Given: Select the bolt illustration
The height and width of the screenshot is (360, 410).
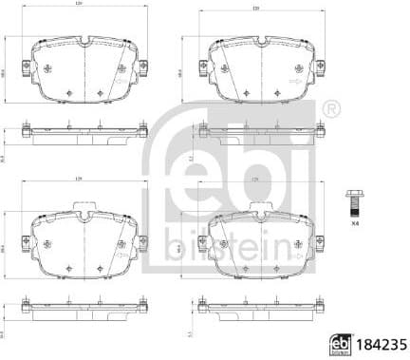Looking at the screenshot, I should tap(354, 201).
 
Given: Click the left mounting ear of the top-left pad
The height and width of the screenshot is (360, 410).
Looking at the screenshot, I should tap(26, 67).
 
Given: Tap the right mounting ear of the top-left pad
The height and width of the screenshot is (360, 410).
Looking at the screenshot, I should tap(143, 67).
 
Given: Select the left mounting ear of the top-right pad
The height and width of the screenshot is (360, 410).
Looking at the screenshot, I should tap(202, 67).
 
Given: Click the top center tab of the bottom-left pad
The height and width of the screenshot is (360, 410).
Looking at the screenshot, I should tap(84, 209).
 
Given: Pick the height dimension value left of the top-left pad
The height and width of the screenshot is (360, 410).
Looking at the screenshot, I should tap(8, 71).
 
